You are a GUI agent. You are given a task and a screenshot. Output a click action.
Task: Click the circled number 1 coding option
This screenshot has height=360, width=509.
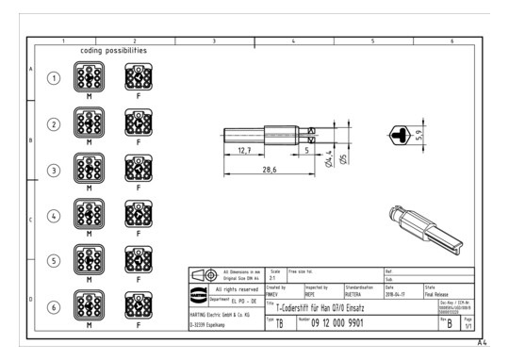[x=55, y=78]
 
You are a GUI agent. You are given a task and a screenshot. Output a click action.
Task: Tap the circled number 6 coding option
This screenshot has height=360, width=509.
[x=55, y=305]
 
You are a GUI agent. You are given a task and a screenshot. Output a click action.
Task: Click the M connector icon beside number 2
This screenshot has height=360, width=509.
[x=90, y=123]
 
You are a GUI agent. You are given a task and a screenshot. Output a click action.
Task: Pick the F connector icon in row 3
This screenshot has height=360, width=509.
[x=138, y=170]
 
